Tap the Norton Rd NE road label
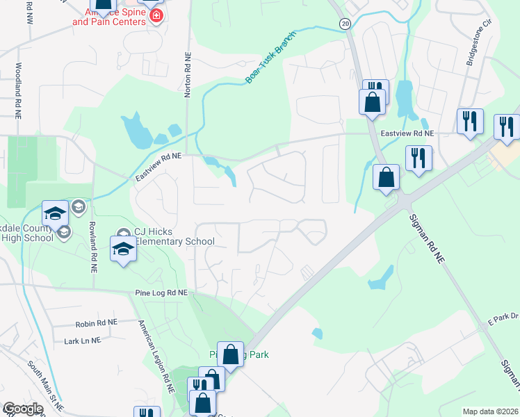click(x=187, y=77)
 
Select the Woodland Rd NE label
click(x=16, y=90)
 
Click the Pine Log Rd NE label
click(x=162, y=294)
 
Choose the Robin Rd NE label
click(x=97, y=323)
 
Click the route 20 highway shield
click(x=345, y=24)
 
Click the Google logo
click(x=22, y=409)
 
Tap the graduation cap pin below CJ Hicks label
click(x=123, y=248)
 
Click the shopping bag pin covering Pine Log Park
click(x=230, y=354)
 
